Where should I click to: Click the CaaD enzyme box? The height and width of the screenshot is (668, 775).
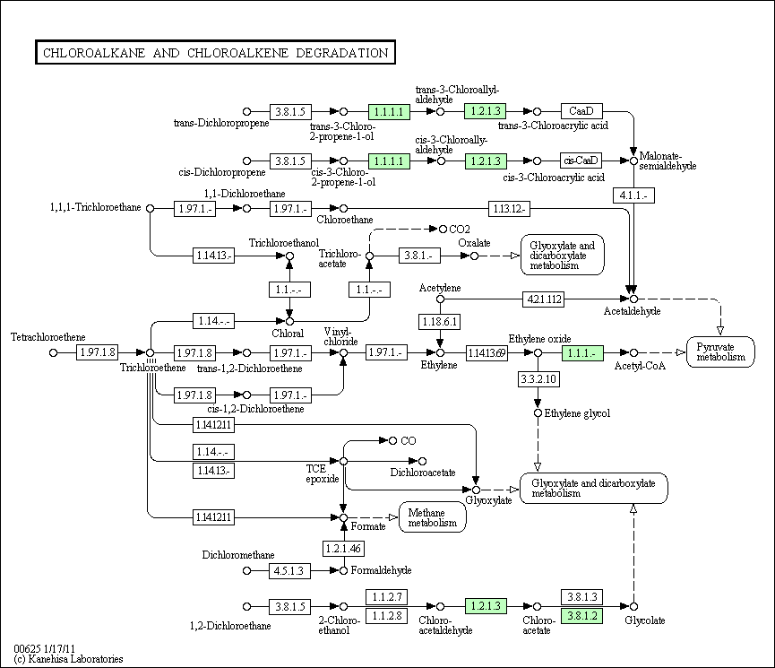click(581, 111)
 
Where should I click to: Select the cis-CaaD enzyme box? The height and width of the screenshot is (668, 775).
click(581, 160)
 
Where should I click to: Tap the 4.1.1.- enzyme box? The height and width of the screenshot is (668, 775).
click(633, 195)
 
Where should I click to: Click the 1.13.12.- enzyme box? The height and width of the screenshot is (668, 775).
click(509, 209)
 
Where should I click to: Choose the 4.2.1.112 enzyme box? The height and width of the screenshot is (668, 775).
click(544, 299)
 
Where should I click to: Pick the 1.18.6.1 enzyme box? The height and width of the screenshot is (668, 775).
click(440, 322)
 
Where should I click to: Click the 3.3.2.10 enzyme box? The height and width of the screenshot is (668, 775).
click(538, 379)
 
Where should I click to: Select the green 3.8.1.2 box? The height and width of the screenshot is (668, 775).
click(582, 616)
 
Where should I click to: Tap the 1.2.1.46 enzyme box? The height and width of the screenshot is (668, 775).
click(343, 548)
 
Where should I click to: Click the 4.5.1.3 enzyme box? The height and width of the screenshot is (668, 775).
click(289, 570)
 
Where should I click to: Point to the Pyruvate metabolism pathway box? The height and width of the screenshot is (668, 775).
click(720, 351)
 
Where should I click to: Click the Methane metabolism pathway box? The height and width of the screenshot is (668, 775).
click(433, 517)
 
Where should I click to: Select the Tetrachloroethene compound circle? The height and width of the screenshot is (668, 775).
click(54, 352)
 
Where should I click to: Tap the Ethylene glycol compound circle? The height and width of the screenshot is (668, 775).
click(538, 412)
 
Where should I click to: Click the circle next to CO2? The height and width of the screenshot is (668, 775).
click(443, 230)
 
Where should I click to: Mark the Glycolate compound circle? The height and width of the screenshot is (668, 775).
click(633, 606)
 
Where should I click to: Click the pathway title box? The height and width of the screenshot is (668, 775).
click(216, 52)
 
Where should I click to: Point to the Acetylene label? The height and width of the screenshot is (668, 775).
click(440, 288)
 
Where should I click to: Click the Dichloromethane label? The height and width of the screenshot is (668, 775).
click(238, 555)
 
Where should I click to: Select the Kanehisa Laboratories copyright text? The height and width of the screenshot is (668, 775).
click(69, 659)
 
